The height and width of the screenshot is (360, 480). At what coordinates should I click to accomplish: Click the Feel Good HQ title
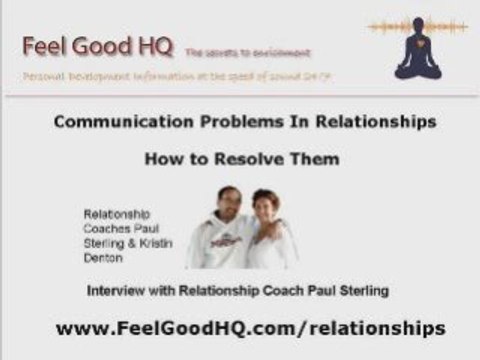98,45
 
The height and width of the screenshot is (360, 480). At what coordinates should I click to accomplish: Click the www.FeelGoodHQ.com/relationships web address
250,328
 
